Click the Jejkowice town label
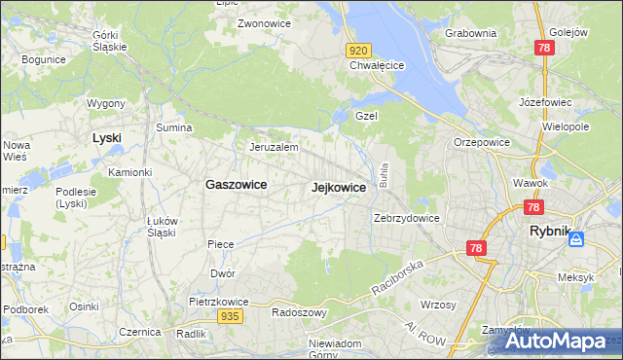[x=338, y=188]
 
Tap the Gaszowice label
[x=237, y=184]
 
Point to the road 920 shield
[x=358, y=51]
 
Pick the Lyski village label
[x=106, y=138]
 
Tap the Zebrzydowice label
[x=407, y=218]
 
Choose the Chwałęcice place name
[x=377, y=66]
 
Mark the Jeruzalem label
[x=274, y=147]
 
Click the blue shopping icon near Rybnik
[x=577, y=238]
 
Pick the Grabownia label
[x=470, y=33]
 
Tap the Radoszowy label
[x=299, y=313]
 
